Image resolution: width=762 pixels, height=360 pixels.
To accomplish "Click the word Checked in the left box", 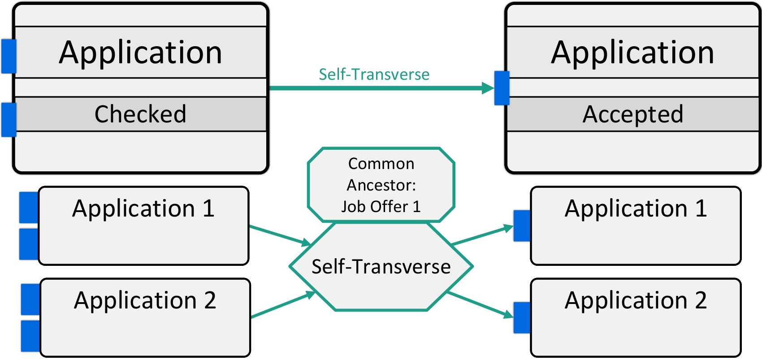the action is (x=140, y=114).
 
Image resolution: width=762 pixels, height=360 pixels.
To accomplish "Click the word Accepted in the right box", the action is (x=633, y=115).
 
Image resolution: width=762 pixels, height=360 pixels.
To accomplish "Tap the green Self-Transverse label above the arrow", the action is (x=374, y=74).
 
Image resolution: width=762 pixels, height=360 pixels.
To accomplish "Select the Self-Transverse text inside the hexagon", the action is (x=381, y=266).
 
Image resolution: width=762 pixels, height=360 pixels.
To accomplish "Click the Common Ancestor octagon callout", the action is (x=381, y=185).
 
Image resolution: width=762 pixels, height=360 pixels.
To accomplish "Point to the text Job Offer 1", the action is (x=381, y=207).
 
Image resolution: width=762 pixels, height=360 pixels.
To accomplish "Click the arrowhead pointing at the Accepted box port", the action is (x=488, y=88).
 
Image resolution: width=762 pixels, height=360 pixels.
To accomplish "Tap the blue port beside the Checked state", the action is (x=9, y=120).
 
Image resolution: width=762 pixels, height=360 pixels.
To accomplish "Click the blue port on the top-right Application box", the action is (x=502, y=88).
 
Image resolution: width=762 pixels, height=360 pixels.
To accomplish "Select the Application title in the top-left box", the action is (x=140, y=53).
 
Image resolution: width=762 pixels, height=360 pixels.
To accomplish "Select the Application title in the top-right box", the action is (x=633, y=53).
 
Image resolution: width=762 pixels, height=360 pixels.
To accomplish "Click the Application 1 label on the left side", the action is (x=143, y=208).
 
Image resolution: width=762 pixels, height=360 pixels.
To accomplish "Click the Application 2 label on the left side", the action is (x=145, y=300).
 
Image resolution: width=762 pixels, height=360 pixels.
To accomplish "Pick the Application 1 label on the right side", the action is (x=636, y=208).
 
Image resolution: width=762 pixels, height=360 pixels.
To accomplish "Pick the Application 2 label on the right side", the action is (x=636, y=300).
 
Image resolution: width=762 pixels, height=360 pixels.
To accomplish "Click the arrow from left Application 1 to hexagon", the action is (x=280, y=235).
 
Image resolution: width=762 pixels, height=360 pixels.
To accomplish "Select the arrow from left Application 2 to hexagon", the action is (x=283, y=304).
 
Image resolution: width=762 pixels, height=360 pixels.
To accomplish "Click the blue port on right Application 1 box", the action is (x=522, y=226).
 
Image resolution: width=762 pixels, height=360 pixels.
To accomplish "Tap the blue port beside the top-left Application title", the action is (x=9, y=56).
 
